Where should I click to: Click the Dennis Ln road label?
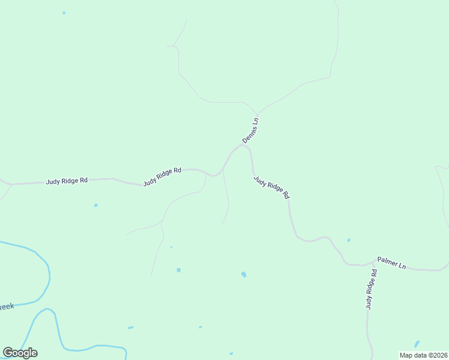pyautogui.click(x=250, y=130)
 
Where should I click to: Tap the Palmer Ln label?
pyautogui.click(x=391, y=263)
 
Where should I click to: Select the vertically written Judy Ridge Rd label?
pyautogui.click(x=372, y=289)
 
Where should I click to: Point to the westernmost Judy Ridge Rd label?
pyautogui.click(x=67, y=180)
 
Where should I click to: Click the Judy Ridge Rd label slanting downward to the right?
pyautogui.click(x=271, y=187)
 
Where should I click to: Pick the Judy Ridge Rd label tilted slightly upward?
pyautogui.click(x=162, y=176)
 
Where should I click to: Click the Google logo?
pyautogui.click(x=20, y=353)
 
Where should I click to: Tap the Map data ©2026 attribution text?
pyautogui.click(x=423, y=355)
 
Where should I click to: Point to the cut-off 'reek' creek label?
pyautogui.click(x=7, y=307)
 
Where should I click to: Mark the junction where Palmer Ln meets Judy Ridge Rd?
pyautogui.click(x=373, y=262)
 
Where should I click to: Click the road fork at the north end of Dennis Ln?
pyautogui.click(x=258, y=114)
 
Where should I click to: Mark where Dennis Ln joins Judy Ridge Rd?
pyautogui.click(x=243, y=145)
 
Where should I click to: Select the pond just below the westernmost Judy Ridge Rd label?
pyautogui.click(x=95, y=205)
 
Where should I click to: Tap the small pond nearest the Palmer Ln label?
pyautogui.click(x=349, y=241)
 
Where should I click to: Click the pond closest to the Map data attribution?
pyautogui.click(x=417, y=344)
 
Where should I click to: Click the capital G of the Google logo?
pyautogui.click(x=8, y=352)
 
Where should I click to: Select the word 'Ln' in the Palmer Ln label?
pyautogui.click(x=401, y=265)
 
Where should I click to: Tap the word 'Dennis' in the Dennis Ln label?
pyautogui.click(x=249, y=134)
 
